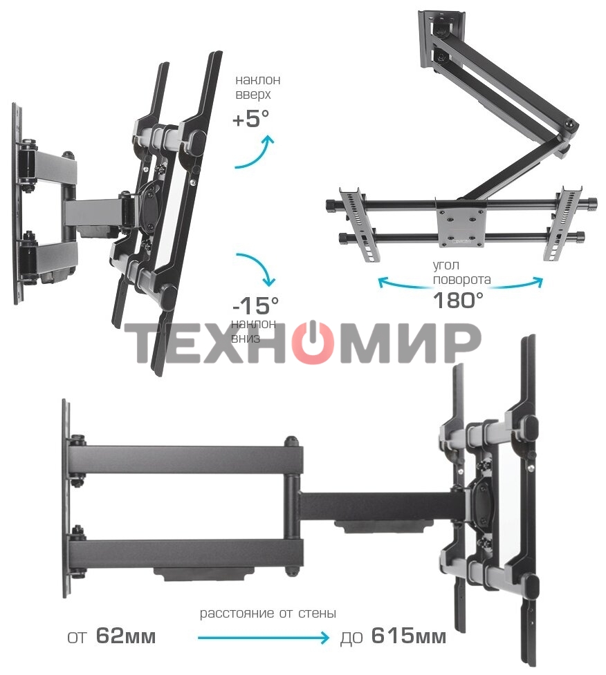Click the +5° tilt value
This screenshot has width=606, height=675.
click(x=251, y=119)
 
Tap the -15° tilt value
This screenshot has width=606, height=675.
click(x=256, y=304)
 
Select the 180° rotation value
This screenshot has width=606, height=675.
click(x=458, y=300)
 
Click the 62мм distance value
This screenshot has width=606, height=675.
click(x=126, y=636)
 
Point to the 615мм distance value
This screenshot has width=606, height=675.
click(x=408, y=636)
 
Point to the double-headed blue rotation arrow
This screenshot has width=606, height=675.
click(x=461, y=282)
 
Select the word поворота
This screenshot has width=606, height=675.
click(x=462, y=280)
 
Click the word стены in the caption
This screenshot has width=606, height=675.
click(x=319, y=614)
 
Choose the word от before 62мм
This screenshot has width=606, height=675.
click(x=78, y=636)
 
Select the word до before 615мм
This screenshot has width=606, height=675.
click(x=352, y=636)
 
